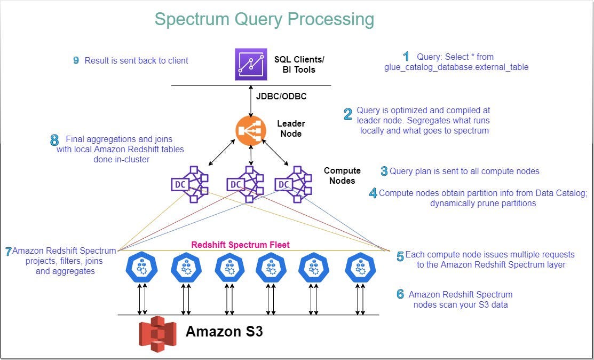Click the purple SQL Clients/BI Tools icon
pyautogui.click(x=251, y=64)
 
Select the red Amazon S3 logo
pyautogui.click(x=157, y=333)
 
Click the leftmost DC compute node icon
pyautogui.click(x=189, y=184)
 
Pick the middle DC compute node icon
pyautogui.click(x=244, y=184)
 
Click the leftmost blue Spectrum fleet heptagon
pyautogui.click(x=141, y=267)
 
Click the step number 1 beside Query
pyautogui.click(x=406, y=56)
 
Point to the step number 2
pyautogui.click(x=348, y=114)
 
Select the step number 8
pyautogui.click(x=54, y=140)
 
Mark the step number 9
pyautogui.click(x=76, y=60)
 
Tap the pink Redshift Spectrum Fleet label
pyautogui.click(x=240, y=245)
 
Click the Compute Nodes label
pyautogui.click(x=342, y=176)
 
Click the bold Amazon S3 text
pyautogui.click(x=224, y=331)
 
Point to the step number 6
pyautogui.click(x=400, y=294)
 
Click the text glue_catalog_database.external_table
pyautogui.click(x=456, y=67)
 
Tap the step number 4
pyautogui.click(x=373, y=193)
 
